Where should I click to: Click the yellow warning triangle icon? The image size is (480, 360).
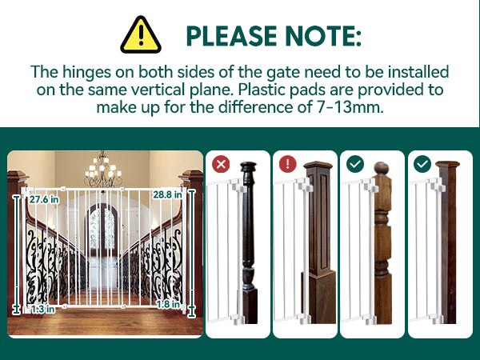point(141,35)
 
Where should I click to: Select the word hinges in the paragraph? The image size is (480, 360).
point(86,73)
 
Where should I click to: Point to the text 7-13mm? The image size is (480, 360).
point(350,107)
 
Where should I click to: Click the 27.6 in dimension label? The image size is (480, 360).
point(44,199)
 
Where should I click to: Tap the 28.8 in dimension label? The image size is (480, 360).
point(167,194)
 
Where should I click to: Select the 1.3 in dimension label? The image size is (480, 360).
point(43,309)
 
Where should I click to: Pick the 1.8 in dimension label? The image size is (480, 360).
point(168,304)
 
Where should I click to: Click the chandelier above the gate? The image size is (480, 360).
point(103,170)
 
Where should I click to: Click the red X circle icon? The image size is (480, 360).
point(221,164)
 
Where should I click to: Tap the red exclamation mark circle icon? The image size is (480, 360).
point(288,164)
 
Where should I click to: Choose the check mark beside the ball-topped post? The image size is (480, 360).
point(355,164)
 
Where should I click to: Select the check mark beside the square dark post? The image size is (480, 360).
point(422,164)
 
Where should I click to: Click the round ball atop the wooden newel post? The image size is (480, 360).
point(382,168)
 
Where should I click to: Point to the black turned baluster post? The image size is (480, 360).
point(249,242)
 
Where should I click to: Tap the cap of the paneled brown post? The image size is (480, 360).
point(318,166)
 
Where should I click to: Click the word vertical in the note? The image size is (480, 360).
point(158,90)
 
